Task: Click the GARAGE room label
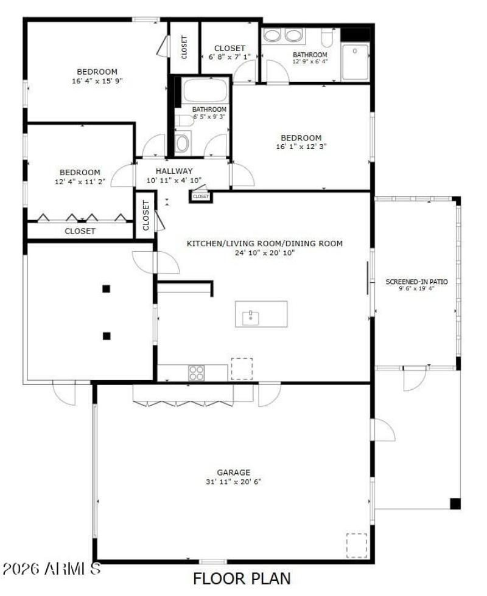(x=234, y=472)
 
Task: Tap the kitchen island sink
(x=250, y=316)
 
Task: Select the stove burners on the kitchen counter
(x=196, y=372)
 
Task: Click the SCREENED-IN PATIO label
(x=417, y=282)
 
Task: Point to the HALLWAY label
(x=173, y=171)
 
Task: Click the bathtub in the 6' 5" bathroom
(x=205, y=91)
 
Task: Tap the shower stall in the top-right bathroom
(x=356, y=61)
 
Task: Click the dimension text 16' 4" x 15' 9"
(x=97, y=80)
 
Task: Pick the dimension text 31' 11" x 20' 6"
(x=234, y=482)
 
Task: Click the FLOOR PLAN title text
(x=242, y=578)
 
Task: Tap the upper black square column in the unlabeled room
(x=107, y=289)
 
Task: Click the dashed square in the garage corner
(x=357, y=545)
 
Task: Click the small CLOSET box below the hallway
(x=200, y=196)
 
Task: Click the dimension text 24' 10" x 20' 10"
(x=264, y=252)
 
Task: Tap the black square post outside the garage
(x=455, y=504)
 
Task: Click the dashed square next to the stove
(x=241, y=369)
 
